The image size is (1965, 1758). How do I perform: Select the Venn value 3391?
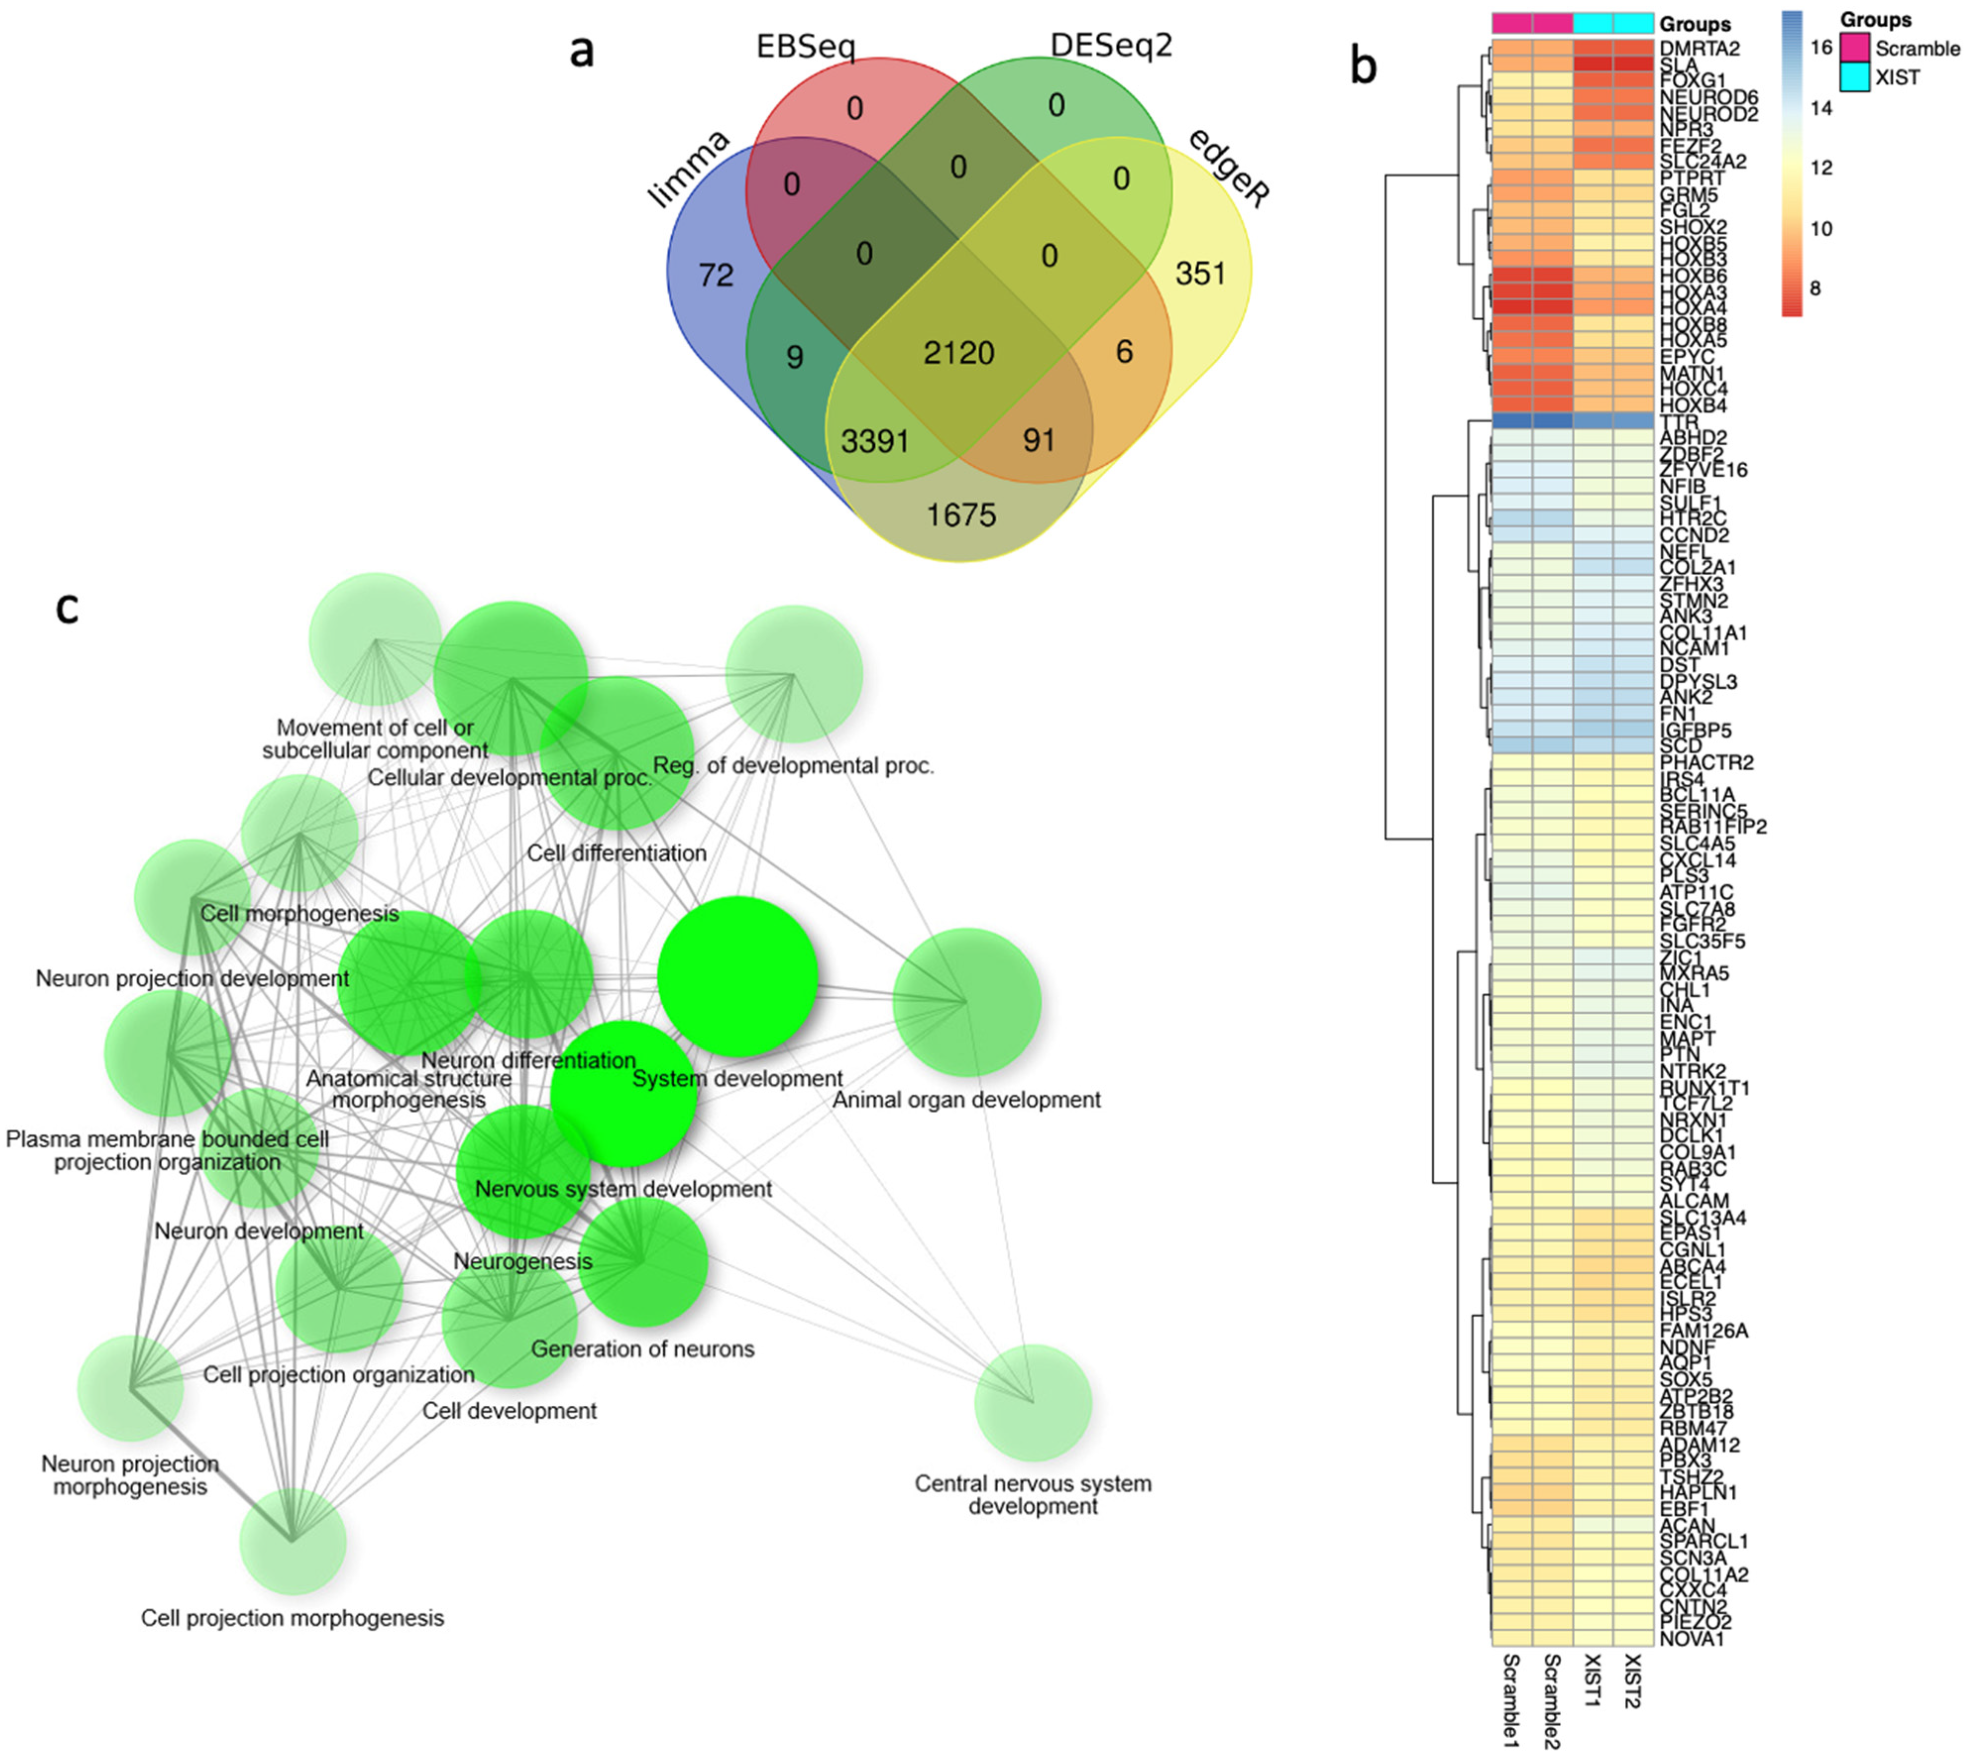tap(875, 441)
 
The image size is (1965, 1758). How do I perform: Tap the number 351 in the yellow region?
tap(1200, 275)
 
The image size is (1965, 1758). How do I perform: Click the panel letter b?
tap(1363, 67)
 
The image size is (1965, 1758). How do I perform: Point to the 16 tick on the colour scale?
tap(1820, 48)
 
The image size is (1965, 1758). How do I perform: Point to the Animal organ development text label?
tap(966, 1100)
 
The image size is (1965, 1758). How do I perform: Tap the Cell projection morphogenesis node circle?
tap(293, 1540)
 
